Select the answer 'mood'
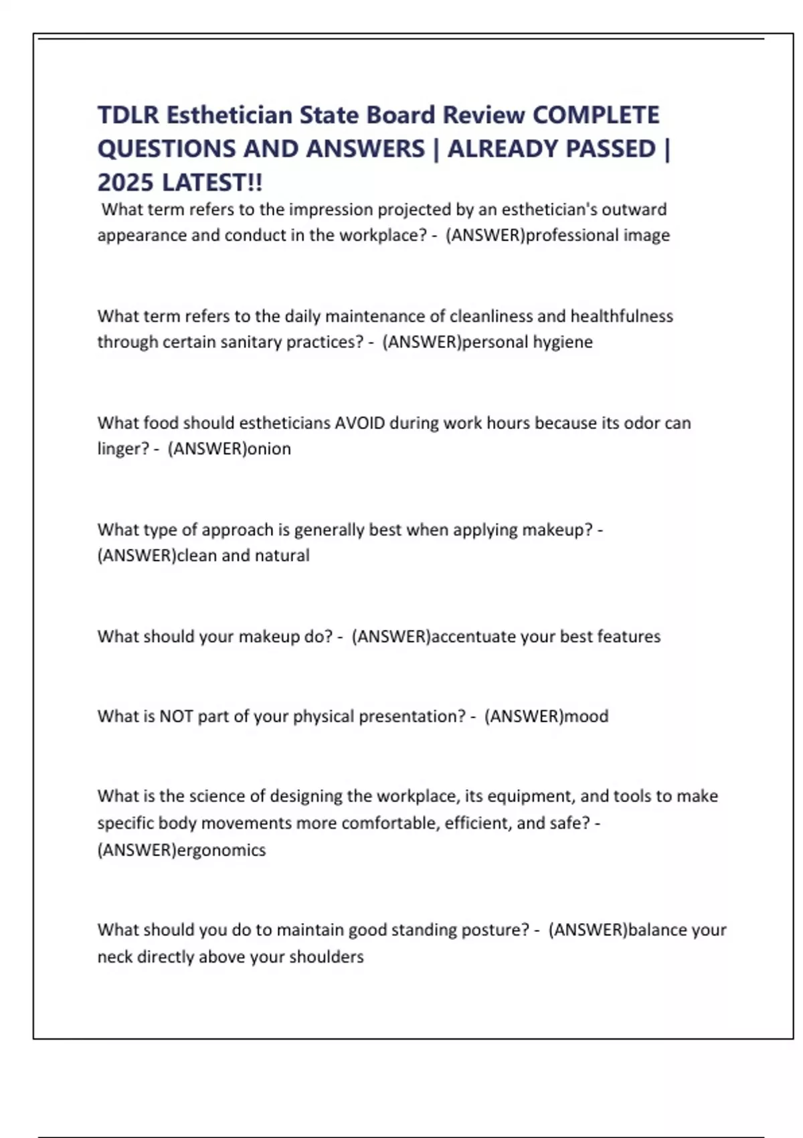pyautogui.click(x=586, y=716)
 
